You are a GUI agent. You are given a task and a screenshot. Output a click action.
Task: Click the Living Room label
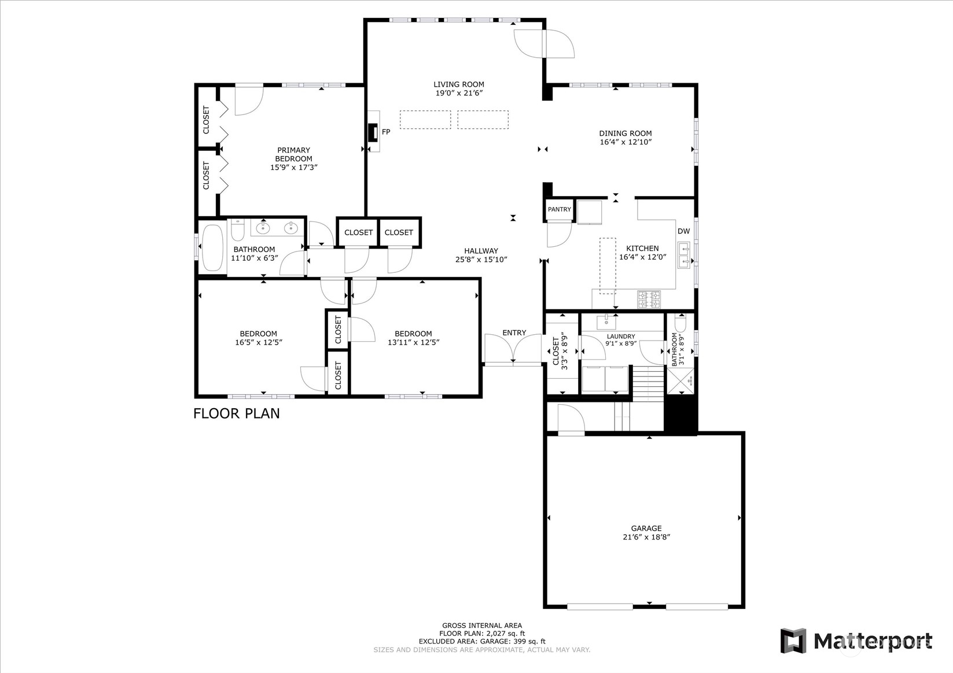click(x=459, y=84)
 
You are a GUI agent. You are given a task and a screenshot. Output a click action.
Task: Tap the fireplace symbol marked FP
click(x=373, y=132)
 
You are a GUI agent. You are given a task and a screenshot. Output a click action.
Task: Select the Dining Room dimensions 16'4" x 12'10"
click(x=625, y=142)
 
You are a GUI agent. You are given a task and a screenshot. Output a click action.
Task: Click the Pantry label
click(x=559, y=209)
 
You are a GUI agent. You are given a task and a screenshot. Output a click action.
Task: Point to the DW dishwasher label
click(x=683, y=231)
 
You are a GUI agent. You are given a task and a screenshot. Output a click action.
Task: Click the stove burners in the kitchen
click(x=649, y=299)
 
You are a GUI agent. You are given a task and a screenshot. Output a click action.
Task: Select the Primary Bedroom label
click(x=293, y=154)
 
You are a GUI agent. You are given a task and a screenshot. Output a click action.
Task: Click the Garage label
click(x=646, y=528)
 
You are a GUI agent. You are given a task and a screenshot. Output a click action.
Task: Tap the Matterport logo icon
click(x=793, y=641)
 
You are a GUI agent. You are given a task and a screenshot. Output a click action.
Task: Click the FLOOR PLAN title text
click(x=236, y=413)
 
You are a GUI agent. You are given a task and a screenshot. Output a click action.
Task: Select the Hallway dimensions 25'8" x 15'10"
click(x=481, y=260)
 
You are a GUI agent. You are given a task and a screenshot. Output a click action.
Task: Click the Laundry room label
click(x=620, y=337)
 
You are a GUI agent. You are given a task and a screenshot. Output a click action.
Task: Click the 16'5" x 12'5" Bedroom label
click(x=258, y=338)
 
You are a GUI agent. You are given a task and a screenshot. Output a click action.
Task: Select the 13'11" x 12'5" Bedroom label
click(x=413, y=338)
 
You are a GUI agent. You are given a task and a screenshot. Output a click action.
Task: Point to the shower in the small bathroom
click(x=682, y=381)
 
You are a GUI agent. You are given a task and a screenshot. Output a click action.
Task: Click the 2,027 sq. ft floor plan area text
click(x=482, y=633)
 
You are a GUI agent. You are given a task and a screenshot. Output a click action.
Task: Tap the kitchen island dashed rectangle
click(x=607, y=265)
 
